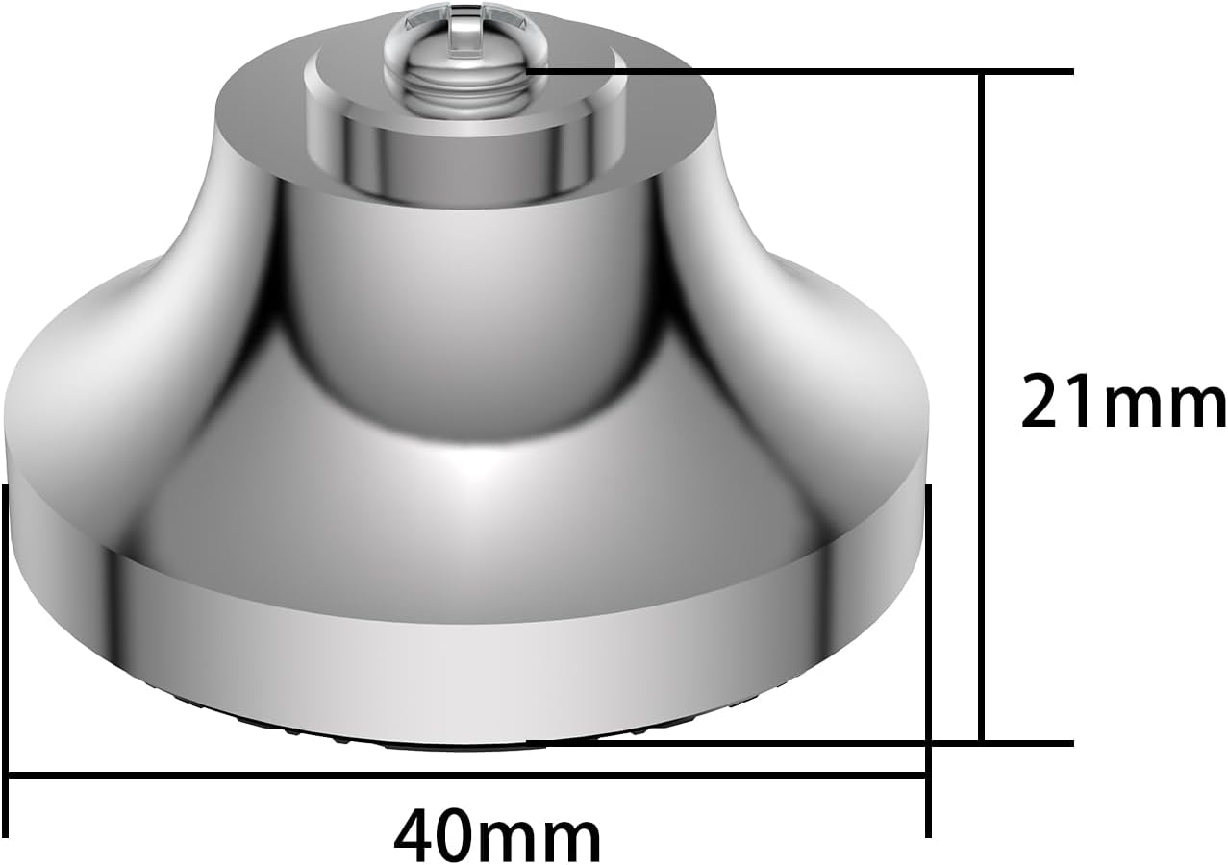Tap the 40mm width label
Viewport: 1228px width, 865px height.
coord(497,837)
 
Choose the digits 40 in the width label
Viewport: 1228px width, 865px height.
coord(433,837)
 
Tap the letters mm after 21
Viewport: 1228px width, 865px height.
coord(1164,404)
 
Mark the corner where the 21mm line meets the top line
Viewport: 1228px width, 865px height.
coord(981,72)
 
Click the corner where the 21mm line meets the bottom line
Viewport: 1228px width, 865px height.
coord(981,742)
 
